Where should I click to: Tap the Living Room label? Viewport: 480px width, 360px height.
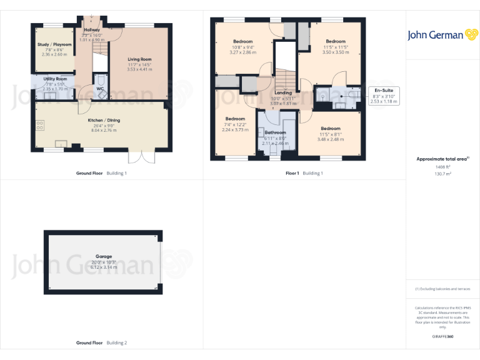tap(139, 59)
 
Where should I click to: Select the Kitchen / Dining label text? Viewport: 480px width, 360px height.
tap(104, 120)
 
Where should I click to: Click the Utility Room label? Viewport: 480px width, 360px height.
tap(55, 79)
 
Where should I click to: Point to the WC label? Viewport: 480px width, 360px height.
tap(100, 89)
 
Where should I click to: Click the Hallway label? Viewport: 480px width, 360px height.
tap(92, 29)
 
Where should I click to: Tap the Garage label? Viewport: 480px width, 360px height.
tap(104, 256)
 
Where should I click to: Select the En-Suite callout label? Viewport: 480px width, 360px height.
tap(383, 90)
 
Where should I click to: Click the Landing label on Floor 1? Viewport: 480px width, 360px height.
tap(283, 92)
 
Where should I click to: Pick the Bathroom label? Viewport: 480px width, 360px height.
tap(275, 132)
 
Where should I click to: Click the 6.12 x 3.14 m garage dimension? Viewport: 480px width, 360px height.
tap(104, 267)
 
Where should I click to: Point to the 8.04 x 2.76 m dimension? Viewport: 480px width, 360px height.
tap(104, 131)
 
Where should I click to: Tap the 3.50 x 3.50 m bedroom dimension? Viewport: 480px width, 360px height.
tap(336, 52)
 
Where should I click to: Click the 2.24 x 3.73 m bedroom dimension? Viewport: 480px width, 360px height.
tap(235, 129)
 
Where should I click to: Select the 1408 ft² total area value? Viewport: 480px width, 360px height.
tap(442, 167)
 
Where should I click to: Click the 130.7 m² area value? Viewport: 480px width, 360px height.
tap(442, 174)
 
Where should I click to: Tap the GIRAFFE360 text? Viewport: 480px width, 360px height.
tap(442, 336)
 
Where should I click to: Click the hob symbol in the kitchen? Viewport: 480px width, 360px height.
tap(41, 125)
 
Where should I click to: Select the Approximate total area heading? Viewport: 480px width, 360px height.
tap(442, 159)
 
